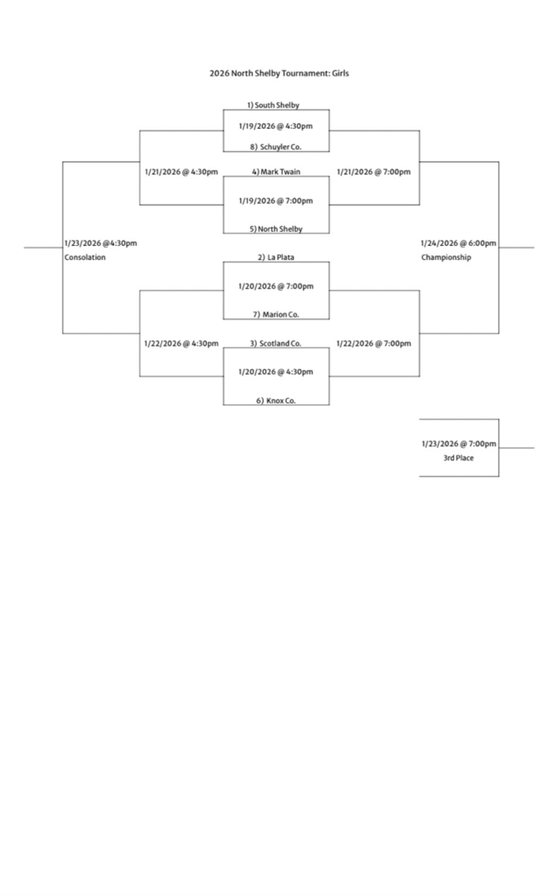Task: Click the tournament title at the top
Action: [279, 73]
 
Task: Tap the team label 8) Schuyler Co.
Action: [276, 147]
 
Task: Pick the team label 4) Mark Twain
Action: [276, 171]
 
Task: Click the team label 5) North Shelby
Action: [276, 229]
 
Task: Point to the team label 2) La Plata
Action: [276, 257]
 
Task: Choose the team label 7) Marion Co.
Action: [276, 314]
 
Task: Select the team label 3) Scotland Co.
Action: [276, 344]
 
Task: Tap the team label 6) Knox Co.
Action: [276, 401]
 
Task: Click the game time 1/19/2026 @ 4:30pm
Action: [276, 126]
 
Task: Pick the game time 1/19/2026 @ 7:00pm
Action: [276, 200]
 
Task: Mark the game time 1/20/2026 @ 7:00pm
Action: [276, 286]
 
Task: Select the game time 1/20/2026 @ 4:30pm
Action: [276, 372]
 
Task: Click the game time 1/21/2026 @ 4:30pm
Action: [181, 171]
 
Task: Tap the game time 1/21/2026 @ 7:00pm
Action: [373, 171]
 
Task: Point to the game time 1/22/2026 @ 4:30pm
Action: [181, 344]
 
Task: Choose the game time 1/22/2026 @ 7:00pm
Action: [373, 344]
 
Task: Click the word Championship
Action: [446, 258]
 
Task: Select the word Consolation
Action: [85, 258]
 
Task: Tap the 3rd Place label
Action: [458, 458]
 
